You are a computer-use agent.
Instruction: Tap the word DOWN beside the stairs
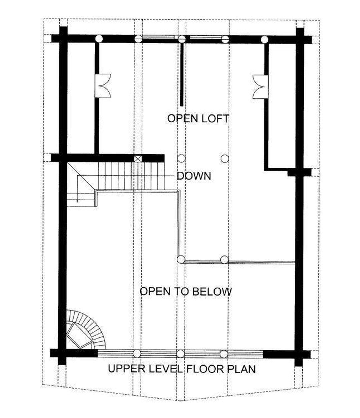[x=194, y=176]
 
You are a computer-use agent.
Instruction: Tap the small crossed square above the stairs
[x=137, y=158]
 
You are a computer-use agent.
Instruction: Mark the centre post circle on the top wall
[x=182, y=39]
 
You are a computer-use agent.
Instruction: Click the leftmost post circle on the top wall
[x=98, y=39]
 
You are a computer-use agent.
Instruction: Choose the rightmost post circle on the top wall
[x=264, y=40]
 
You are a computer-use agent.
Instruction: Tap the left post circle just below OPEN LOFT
[x=181, y=158]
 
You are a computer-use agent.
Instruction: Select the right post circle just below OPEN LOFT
[x=224, y=158]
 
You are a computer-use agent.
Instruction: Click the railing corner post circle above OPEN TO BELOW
[x=181, y=260]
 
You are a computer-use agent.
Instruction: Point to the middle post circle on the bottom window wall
[x=181, y=353]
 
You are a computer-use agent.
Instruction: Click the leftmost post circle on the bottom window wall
[x=137, y=353]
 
